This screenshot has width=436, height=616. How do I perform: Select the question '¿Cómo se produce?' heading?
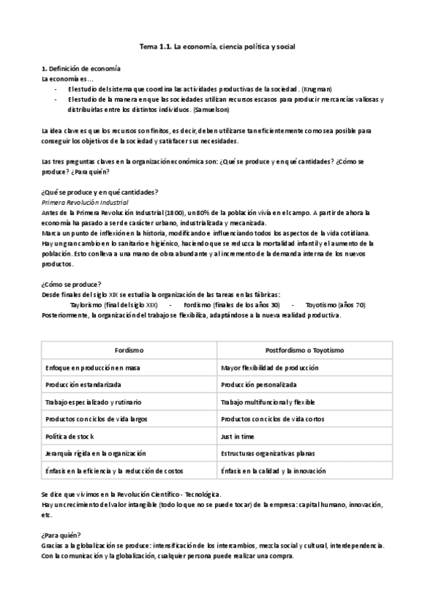72,283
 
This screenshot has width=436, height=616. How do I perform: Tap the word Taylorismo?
87,304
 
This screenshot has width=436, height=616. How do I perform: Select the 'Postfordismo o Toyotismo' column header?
305,350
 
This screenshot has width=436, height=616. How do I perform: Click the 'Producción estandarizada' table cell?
83,384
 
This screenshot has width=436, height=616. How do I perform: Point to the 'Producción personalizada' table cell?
259,384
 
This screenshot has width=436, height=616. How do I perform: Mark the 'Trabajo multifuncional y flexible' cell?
268,402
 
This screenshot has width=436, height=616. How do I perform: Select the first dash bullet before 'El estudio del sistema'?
56,89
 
